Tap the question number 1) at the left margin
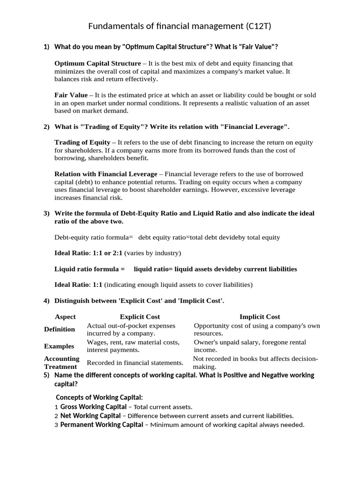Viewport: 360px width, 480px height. (x=46, y=47)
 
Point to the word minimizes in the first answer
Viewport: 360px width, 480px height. (x=70, y=71)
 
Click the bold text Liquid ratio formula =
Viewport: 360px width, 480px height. (x=90, y=269)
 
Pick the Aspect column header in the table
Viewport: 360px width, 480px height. (x=65, y=316)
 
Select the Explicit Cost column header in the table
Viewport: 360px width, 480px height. (x=140, y=316)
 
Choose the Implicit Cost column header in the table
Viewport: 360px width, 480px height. (x=260, y=316)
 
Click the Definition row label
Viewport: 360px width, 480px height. (x=60, y=329)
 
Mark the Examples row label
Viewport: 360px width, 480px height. (x=59, y=346)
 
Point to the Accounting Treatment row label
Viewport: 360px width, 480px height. (x=62, y=362)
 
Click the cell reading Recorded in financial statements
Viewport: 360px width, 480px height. (x=135, y=362)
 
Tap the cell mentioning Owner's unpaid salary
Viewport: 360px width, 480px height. (x=250, y=346)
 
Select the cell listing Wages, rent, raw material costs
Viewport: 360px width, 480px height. (x=133, y=346)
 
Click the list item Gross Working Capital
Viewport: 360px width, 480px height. (x=93, y=406)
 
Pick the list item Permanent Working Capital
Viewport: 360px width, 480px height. (x=102, y=425)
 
